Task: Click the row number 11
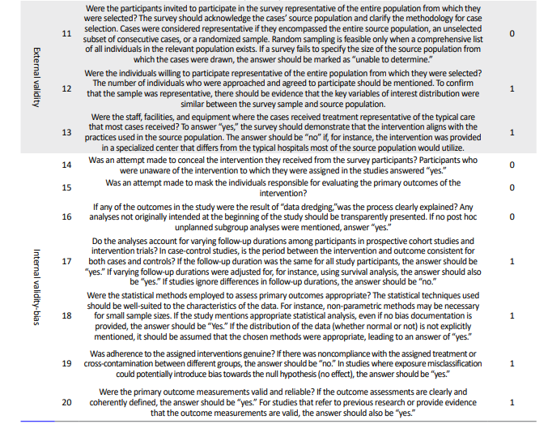click(x=66, y=33)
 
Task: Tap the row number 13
click(x=66, y=132)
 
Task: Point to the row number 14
click(x=66, y=165)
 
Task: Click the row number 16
click(x=66, y=217)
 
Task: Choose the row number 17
click(x=66, y=261)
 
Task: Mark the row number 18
click(x=66, y=315)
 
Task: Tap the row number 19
click(x=66, y=364)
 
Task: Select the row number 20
click(x=66, y=402)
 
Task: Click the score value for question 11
click(x=512, y=33)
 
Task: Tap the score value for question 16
click(x=512, y=217)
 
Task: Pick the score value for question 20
click(x=512, y=402)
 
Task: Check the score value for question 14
click(x=512, y=165)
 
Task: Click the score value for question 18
click(x=512, y=315)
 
